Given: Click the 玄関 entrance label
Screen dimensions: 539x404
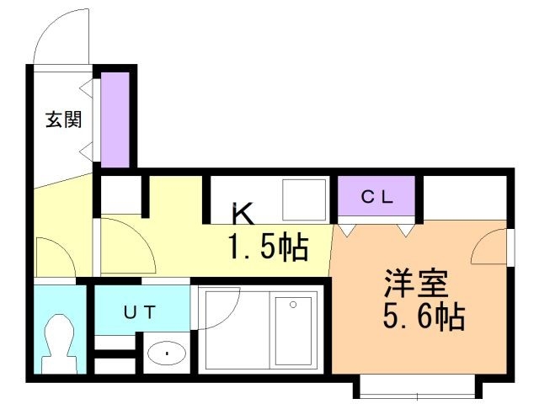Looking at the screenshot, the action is coord(64,120).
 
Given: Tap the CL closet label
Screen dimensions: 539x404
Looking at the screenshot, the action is coord(376,197).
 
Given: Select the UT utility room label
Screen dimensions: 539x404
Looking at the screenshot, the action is coord(140,312).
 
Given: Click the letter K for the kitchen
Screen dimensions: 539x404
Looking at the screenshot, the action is coord(243,213).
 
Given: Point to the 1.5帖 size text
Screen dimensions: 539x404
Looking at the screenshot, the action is coord(269,247).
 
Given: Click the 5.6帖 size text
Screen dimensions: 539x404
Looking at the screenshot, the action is coord(424,316).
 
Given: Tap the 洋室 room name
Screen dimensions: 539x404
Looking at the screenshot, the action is coord(417,284).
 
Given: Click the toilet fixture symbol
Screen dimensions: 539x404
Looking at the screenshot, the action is coord(60,343).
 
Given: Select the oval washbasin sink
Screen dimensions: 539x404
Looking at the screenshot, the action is coord(167,353).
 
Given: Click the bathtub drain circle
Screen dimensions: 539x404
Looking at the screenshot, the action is coord(293,305).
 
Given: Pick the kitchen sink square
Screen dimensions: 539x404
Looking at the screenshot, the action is coord(304,199).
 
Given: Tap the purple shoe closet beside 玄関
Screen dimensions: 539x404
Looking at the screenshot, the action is coord(115,120).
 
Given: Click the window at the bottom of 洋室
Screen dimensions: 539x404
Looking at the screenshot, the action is coord(418,388).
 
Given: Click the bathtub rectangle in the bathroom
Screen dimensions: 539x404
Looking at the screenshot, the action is coord(293,331).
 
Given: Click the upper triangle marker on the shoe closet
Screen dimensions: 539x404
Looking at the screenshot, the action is coord(87,88).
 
